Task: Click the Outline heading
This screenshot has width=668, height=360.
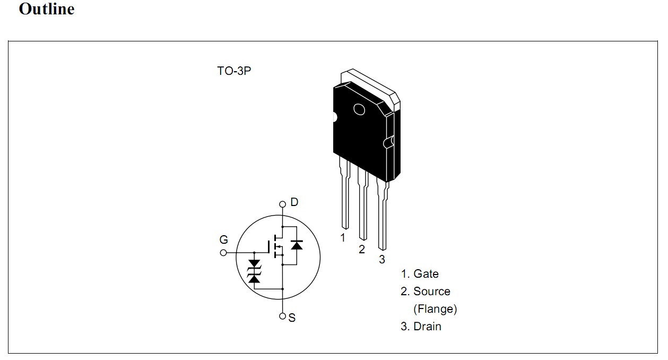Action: [47, 9]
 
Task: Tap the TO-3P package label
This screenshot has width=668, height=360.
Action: [233, 71]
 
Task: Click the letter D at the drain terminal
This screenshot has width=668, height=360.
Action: [294, 202]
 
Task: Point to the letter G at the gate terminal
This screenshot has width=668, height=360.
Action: [224, 240]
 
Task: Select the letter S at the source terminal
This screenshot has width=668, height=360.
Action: [292, 318]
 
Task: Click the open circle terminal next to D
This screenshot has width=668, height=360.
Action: [283, 204]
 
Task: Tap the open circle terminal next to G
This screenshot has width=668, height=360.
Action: [223, 253]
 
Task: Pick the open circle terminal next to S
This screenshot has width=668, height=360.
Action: [283, 316]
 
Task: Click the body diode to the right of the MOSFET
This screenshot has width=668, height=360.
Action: [297, 245]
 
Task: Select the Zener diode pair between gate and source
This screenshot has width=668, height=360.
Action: [255, 271]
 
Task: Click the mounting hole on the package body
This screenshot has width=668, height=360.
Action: [359, 109]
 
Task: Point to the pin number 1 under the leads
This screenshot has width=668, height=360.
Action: [343, 238]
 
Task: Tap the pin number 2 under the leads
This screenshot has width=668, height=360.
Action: [362, 250]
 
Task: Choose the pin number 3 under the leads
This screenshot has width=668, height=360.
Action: [382, 260]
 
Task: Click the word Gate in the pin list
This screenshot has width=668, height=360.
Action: [426, 274]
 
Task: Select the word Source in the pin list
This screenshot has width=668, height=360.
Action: [432, 292]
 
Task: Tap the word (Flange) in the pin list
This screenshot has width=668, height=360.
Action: [435, 309]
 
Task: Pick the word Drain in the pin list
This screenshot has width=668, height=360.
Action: [428, 327]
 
